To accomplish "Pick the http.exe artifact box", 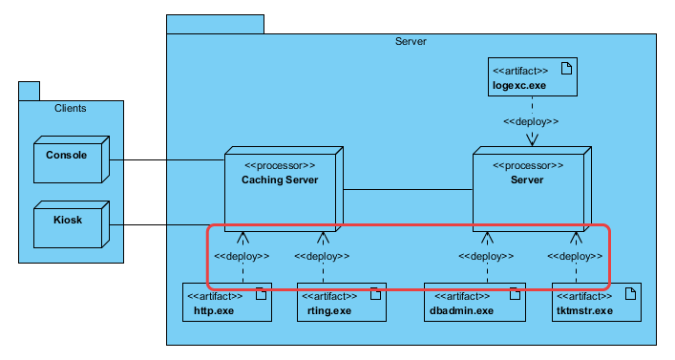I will click(226, 303).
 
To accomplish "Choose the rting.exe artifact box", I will click(341, 303).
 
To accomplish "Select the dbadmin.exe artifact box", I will click(475, 303).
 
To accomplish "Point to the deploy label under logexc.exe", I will click(531, 122).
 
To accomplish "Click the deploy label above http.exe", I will click(242, 256).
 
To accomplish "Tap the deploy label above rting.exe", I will click(322, 256).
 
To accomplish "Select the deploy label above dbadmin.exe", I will click(486, 256).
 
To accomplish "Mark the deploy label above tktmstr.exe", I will click(576, 256).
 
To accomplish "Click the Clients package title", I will click(70, 108).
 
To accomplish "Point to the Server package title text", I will click(411, 42).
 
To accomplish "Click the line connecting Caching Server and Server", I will click(409, 189).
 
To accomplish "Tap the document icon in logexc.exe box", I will click(566, 69).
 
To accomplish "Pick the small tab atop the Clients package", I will click(29, 91).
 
